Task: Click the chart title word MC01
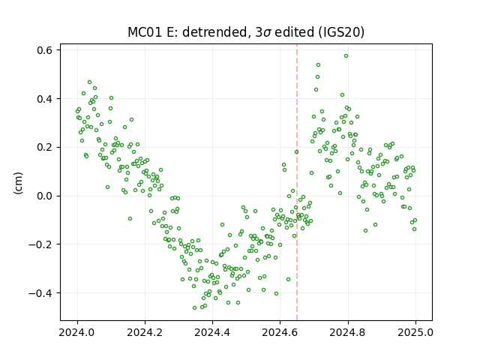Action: click(x=145, y=32)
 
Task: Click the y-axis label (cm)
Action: click(x=18, y=183)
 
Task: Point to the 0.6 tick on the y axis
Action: click(x=45, y=50)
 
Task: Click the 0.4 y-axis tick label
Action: click(x=45, y=99)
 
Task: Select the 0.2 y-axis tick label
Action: click(x=45, y=147)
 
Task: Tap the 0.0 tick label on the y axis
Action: click(x=45, y=196)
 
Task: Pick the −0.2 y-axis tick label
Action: click(x=41, y=244)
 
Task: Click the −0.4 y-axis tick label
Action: click(x=41, y=293)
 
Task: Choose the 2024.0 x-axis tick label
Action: click(x=77, y=332)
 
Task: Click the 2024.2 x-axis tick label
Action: click(x=145, y=332)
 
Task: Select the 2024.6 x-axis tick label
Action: click(x=280, y=332)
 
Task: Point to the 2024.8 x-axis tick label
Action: click(x=348, y=332)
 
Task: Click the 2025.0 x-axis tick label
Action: click(x=415, y=332)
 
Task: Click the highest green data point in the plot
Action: click(x=346, y=56)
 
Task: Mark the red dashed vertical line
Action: click(x=297, y=182)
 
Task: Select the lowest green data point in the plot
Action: click(x=194, y=308)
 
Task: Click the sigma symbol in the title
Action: click(x=267, y=33)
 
